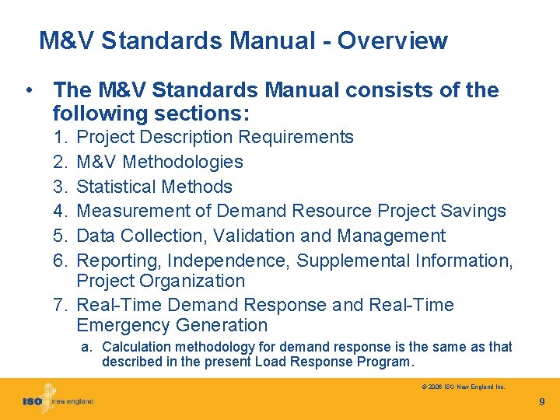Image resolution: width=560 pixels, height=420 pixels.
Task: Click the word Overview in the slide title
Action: coord(393,40)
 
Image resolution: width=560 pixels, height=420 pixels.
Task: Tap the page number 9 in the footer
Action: coord(542,402)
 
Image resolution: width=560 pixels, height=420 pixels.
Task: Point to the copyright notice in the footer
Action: coord(464,386)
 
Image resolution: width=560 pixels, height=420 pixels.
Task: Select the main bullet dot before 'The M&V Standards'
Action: coord(29,90)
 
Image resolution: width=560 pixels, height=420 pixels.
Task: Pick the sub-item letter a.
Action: coord(86,347)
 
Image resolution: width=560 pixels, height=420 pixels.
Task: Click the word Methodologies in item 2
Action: coord(183,162)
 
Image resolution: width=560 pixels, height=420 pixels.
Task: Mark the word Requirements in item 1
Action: coord(296,138)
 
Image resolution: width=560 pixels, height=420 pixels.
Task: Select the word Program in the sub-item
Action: coord(387,362)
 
